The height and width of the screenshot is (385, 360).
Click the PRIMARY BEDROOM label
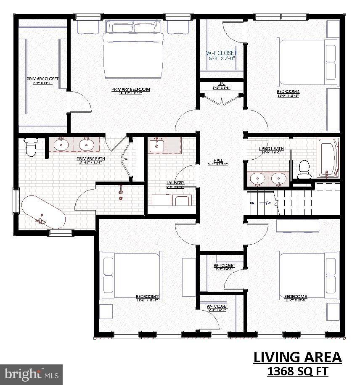130,89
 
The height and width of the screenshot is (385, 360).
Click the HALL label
218,160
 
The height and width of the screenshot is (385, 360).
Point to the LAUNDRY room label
175,183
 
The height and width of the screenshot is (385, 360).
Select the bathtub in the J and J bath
328,158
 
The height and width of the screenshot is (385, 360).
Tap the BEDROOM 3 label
296,296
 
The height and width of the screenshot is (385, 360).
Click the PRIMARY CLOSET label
42,79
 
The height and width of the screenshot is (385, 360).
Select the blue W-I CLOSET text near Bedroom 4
221,53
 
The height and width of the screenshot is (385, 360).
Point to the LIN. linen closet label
222,84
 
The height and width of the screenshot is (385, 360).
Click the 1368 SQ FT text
298,372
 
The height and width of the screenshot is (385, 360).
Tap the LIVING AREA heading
297,357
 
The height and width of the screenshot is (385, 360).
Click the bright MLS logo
32,374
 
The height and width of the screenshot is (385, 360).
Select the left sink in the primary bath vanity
62,145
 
